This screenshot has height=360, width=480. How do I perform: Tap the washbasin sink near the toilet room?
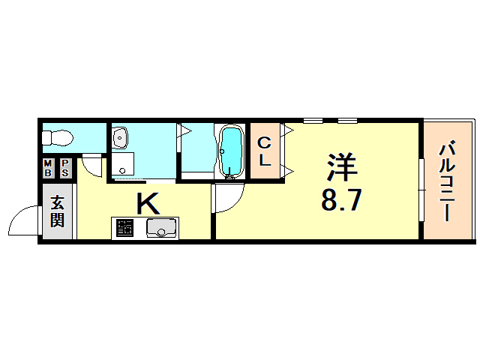(120, 136)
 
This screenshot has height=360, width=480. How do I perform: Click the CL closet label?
(265, 151)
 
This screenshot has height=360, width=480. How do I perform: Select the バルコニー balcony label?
(447, 180)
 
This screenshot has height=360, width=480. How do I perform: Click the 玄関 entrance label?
(58, 211)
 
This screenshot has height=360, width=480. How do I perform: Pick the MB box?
(48, 168)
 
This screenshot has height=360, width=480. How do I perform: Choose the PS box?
(65, 168)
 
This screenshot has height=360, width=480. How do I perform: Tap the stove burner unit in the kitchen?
(125, 228)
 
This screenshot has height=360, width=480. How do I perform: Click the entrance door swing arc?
(22, 221)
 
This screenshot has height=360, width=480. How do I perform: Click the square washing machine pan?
(123, 164)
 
